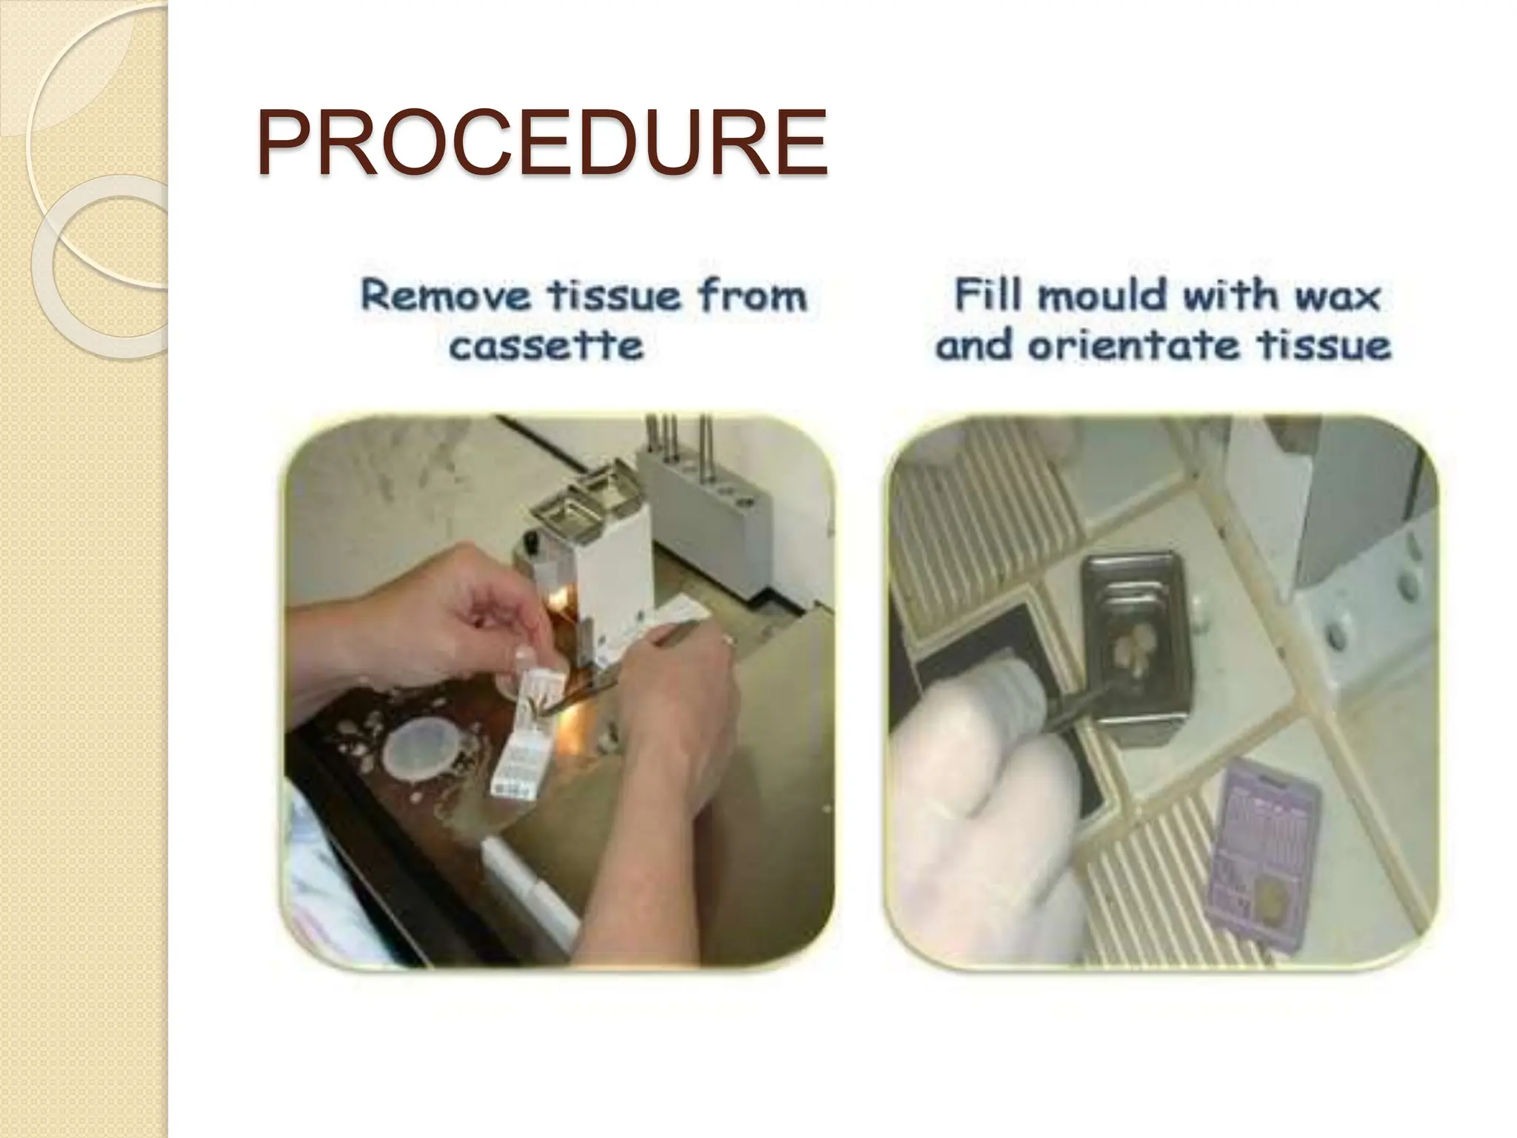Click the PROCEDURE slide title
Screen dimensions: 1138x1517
pos(541,144)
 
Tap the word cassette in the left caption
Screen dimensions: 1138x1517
pos(546,347)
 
